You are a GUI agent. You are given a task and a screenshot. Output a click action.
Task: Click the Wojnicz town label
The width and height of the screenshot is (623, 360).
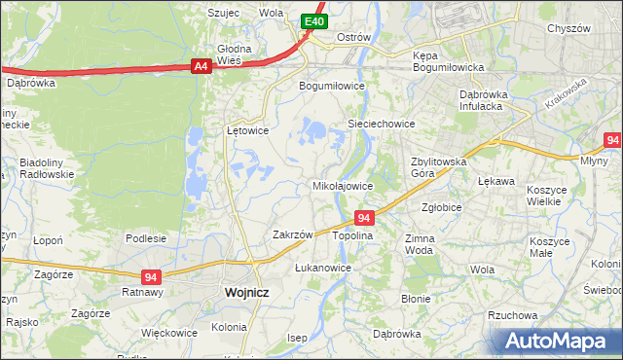pyautogui.click(x=246, y=291)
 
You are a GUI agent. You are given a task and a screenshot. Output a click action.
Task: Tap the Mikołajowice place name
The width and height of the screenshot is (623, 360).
pyautogui.click(x=342, y=185)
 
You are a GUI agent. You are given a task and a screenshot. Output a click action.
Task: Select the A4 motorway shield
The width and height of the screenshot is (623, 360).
pyautogui.click(x=201, y=66)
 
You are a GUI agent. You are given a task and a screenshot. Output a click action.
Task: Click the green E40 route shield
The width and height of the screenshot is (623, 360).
pyautogui.click(x=312, y=21)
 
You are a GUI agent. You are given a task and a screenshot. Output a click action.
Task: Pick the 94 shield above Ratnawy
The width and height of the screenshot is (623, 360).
pyautogui.click(x=151, y=276)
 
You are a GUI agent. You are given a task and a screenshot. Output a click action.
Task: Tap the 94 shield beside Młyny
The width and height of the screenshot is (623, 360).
pyautogui.click(x=611, y=140)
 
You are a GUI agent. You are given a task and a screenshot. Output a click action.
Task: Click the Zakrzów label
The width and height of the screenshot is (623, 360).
pyautogui.click(x=292, y=234)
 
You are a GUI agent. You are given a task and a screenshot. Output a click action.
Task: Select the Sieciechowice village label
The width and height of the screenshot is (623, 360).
pyautogui.click(x=382, y=124)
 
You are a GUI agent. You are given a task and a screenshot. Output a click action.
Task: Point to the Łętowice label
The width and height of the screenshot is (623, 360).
pyautogui.click(x=247, y=128)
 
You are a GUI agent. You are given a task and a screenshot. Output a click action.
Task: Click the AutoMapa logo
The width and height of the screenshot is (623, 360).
pyautogui.click(x=560, y=341)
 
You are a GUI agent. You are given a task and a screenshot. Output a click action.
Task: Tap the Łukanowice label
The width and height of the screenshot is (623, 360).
pyautogui.click(x=322, y=267)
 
